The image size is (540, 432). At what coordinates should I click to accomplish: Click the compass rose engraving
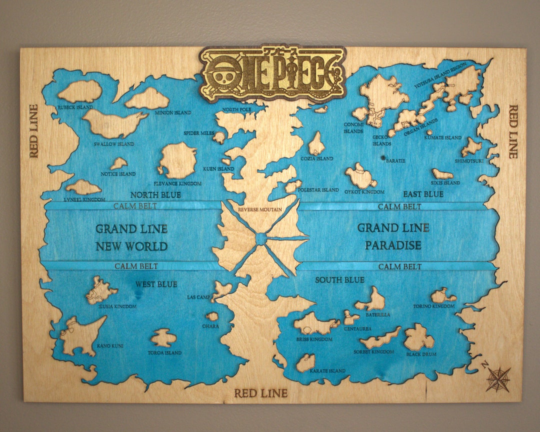click(497, 378)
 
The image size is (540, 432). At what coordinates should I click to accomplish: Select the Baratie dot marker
click(383, 157)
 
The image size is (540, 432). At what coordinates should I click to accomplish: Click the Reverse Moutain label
click(259, 209)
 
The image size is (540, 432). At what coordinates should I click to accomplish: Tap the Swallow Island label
click(114, 144)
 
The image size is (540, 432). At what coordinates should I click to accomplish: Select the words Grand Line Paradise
click(393, 236)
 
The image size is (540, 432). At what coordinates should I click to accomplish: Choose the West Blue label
click(156, 284)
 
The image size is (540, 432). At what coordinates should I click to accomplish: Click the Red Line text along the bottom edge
click(261, 393)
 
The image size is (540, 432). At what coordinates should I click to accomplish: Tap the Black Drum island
click(418, 338)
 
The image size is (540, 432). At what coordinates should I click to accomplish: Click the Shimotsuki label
click(469, 160)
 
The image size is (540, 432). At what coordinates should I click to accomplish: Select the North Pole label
click(237, 109)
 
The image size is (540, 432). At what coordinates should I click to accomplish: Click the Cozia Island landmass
click(316, 144)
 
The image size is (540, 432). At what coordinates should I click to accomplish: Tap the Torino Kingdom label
click(433, 306)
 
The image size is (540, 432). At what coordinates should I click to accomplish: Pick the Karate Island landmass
click(306, 362)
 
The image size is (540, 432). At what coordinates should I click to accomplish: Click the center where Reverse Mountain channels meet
click(261, 239)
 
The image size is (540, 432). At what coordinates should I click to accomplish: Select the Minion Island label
click(172, 113)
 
